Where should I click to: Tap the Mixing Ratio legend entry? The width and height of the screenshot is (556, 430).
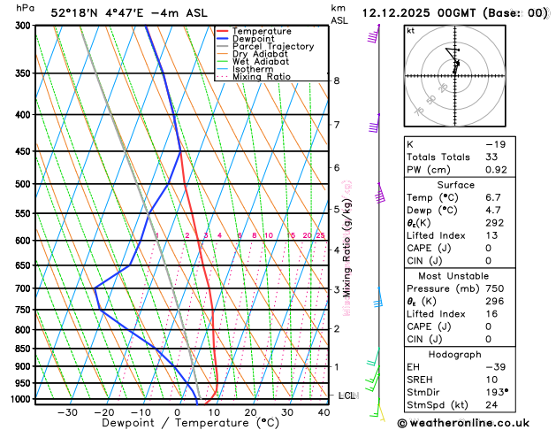pyautogui.click(x=266, y=77)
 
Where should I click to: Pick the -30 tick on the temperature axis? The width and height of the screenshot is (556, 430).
pyautogui.click(x=67, y=412)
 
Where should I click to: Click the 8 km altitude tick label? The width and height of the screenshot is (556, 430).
pyautogui.click(x=336, y=81)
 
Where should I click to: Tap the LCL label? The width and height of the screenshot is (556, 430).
pyautogui.click(x=347, y=395)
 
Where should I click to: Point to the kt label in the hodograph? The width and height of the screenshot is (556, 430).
pyautogui.click(x=410, y=30)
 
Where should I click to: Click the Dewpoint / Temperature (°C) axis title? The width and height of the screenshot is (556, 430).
pyautogui.click(x=178, y=424)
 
